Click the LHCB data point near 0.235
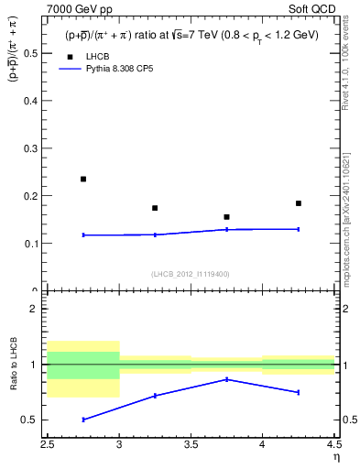pos(83,179)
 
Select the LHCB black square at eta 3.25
pos(155,208)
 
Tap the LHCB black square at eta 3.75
pos(226,217)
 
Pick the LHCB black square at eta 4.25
pos(299,203)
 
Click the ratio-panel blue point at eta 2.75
pos(83,420)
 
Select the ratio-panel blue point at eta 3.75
pos(226,379)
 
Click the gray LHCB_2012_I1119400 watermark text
pos(190,273)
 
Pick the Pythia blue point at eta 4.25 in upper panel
pos(299,229)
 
